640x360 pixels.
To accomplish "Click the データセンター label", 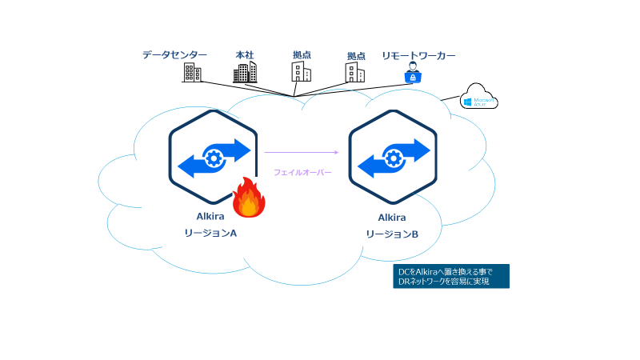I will point(174,54).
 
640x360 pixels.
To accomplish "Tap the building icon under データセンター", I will point(192,73).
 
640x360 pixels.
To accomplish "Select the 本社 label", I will point(244,54).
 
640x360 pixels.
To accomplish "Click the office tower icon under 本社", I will point(245,73).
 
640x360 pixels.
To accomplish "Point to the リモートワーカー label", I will point(419,55).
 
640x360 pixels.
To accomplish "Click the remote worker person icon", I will point(414,73).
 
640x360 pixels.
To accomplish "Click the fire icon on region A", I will point(249,199).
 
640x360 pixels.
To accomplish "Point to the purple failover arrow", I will point(300,151).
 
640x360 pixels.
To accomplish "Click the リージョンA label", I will point(212,234).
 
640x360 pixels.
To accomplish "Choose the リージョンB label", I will point(392,234).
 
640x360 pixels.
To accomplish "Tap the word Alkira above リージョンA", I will point(212,216).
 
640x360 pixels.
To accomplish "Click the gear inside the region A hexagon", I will point(214,155).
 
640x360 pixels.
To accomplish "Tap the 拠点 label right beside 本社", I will point(302,54).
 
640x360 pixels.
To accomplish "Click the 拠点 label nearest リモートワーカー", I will point(356,56).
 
